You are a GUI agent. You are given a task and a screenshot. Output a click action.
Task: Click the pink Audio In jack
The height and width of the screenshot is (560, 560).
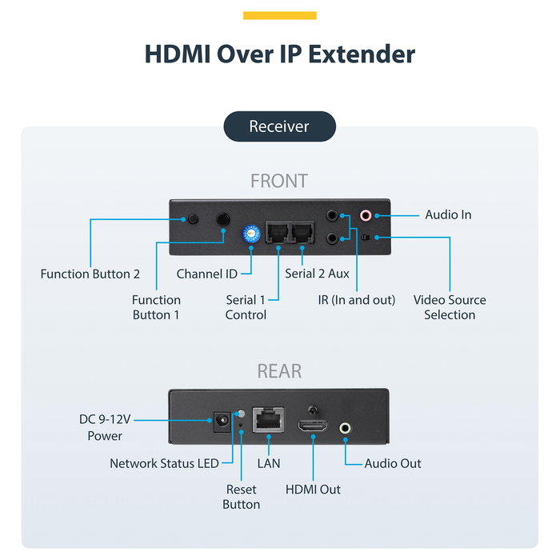(x=366, y=215)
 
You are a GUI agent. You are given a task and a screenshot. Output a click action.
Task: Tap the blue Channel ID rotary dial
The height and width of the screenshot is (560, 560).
(x=251, y=234)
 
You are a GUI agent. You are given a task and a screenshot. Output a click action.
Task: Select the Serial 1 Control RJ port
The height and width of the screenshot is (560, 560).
(x=278, y=232)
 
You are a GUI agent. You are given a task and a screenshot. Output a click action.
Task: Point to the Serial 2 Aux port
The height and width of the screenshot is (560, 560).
(x=302, y=232)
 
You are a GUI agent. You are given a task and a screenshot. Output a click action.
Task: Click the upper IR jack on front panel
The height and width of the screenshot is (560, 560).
(x=333, y=215)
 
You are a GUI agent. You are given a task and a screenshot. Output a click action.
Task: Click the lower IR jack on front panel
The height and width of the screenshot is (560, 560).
(x=333, y=238)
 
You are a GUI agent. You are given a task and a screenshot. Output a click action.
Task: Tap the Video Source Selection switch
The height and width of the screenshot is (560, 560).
(x=366, y=237)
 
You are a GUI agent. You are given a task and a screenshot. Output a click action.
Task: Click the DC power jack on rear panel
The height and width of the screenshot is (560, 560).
(x=222, y=421)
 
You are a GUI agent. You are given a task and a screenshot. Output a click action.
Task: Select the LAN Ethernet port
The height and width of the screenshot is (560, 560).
(x=269, y=420)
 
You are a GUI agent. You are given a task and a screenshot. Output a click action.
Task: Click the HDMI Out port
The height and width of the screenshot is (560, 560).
(x=313, y=426)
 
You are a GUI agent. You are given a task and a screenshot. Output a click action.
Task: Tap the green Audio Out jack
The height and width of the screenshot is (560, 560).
(x=345, y=428)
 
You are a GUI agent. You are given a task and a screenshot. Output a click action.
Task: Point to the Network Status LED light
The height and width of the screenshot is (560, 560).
(x=242, y=414)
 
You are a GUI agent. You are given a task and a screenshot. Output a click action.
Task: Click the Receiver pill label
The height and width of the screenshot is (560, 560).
(x=280, y=126)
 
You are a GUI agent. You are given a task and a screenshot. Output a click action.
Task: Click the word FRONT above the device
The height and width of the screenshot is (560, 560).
(x=279, y=181)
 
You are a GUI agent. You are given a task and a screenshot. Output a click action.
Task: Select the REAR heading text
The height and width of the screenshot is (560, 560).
(x=279, y=371)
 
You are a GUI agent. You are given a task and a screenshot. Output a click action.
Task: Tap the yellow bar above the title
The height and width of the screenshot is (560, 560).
(x=280, y=15)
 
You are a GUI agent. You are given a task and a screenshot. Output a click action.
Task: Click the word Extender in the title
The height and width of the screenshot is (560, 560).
(x=362, y=54)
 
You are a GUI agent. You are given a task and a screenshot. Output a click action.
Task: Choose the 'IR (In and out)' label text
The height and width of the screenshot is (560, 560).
(x=357, y=300)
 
